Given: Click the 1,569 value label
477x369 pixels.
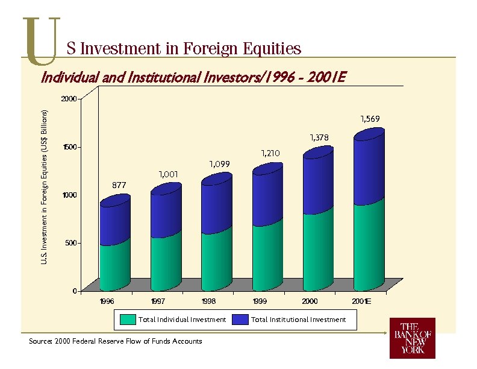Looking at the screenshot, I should pyautogui.click(x=370, y=118).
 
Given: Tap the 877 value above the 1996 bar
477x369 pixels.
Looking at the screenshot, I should pyautogui.click(x=119, y=185).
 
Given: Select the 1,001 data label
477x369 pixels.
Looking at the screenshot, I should pyautogui.click(x=168, y=174).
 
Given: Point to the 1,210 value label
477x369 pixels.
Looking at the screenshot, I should pyautogui.click(x=270, y=153).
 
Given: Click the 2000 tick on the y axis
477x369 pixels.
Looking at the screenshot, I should pyautogui.click(x=69, y=98).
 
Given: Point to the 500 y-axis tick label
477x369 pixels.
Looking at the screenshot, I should pyautogui.click(x=71, y=243).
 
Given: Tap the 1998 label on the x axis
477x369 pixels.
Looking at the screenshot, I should pyautogui.click(x=209, y=300).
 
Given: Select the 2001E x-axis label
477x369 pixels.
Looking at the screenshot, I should pyautogui.click(x=362, y=300).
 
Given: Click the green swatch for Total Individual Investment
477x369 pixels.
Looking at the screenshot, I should pyautogui.click(x=127, y=320).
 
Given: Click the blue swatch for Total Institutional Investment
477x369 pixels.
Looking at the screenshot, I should pyautogui.click(x=240, y=320).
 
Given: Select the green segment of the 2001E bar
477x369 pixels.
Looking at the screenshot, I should pyautogui.click(x=369, y=247).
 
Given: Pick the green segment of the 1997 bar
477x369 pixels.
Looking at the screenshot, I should pyautogui.click(x=166, y=262).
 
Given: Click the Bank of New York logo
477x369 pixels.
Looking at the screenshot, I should pyautogui.click(x=412, y=338).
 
